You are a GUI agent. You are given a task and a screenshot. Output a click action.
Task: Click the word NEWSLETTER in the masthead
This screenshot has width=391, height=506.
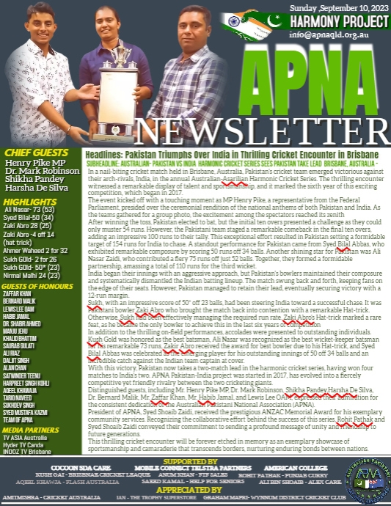pyautogui.click(x=285, y=125)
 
